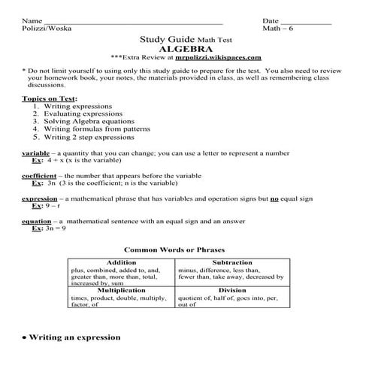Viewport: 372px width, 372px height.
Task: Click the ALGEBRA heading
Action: [185, 47]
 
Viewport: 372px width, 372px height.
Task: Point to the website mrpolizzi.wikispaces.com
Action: [218, 56]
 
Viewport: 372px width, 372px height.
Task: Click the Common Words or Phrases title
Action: [174, 250]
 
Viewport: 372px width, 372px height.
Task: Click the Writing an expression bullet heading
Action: [74, 337]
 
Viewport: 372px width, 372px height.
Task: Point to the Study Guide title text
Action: [168, 38]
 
